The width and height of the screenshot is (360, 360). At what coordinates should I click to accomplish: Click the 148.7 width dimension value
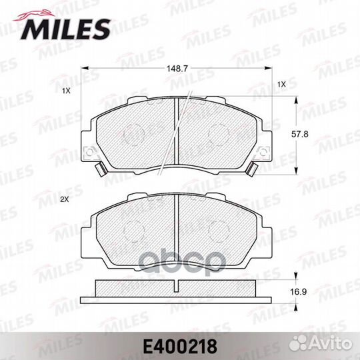pos(177,69)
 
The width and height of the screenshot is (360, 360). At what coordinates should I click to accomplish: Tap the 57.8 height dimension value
pos(300,134)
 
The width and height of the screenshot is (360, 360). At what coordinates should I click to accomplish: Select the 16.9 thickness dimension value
pos(299,292)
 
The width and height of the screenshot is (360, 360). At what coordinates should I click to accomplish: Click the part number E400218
pos(180,347)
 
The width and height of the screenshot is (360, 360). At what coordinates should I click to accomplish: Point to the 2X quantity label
pos(65,200)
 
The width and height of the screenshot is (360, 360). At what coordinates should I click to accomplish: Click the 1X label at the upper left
pos(66,91)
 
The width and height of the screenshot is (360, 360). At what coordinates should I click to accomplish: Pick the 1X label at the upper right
pos(281,85)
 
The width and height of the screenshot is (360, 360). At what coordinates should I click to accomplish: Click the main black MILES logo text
pos(65,29)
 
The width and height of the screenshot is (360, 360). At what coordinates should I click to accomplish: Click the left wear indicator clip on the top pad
pos(101,169)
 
